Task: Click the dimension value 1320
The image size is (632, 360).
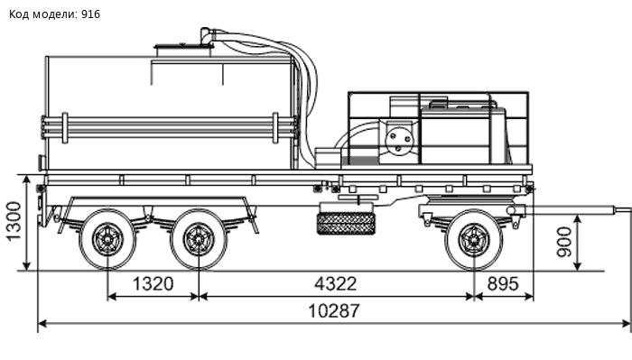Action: [x=153, y=284]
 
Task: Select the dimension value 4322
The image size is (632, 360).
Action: [x=335, y=284]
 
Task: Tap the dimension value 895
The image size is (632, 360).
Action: [x=503, y=284]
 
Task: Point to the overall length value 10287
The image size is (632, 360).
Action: [x=333, y=311]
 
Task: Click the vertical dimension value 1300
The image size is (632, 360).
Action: [x=14, y=221]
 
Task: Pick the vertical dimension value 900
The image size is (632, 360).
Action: [x=564, y=242]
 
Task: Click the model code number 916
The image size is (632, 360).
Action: [x=90, y=14]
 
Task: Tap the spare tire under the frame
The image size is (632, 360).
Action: [x=346, y=224]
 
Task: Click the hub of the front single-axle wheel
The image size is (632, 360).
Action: [x=474, y=240]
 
